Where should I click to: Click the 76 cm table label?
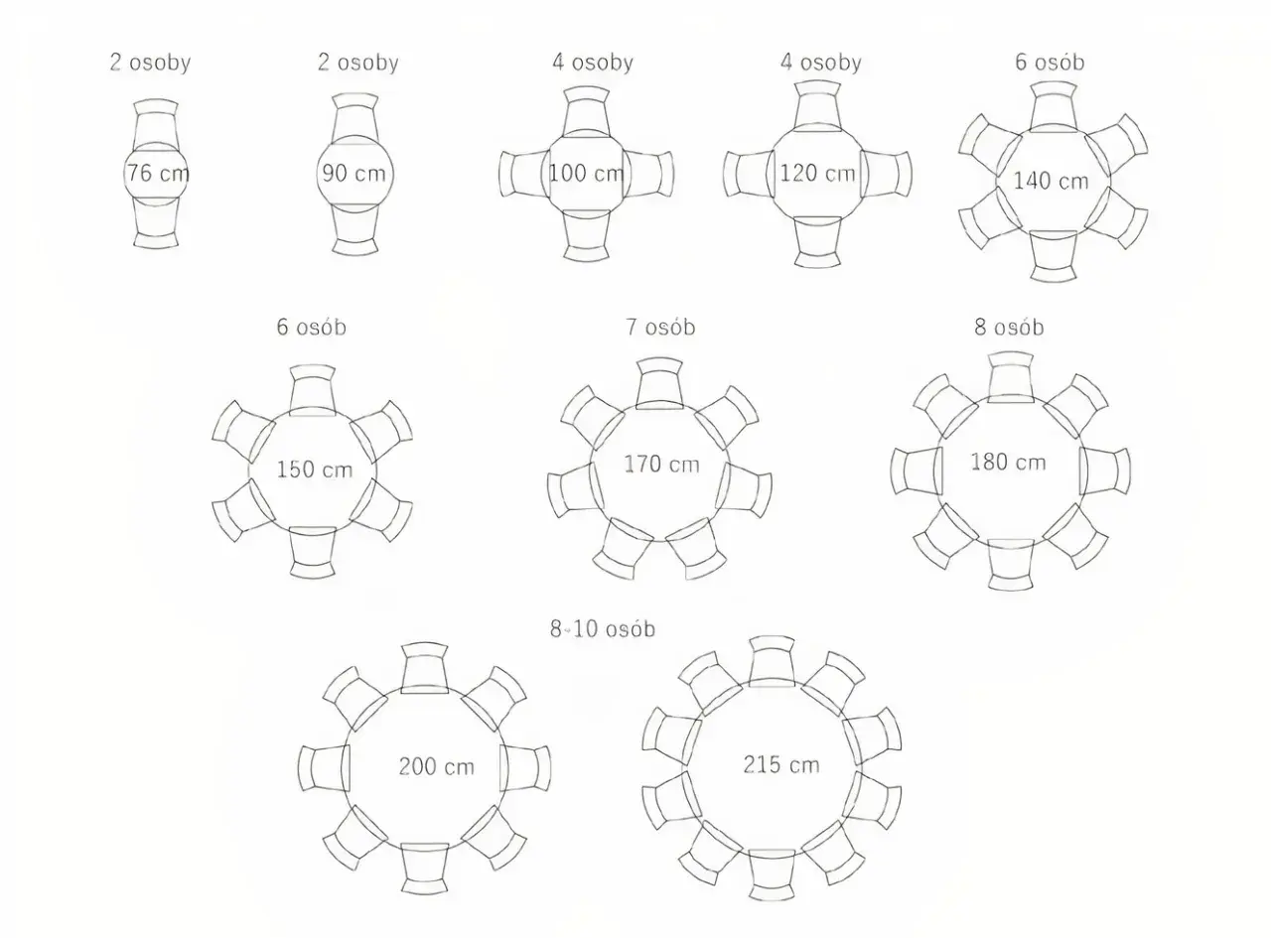(158, 173)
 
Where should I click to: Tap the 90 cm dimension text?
(353, 173)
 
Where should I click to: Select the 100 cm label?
(586, 173)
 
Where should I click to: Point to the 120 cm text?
(818, 173)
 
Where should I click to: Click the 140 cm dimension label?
(1051, 181)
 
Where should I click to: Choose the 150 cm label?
(315, 469)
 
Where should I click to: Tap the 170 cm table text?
(662, 465)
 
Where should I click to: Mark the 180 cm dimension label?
(1009, 462)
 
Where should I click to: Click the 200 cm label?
(437, 766)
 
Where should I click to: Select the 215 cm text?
(781, 764)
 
